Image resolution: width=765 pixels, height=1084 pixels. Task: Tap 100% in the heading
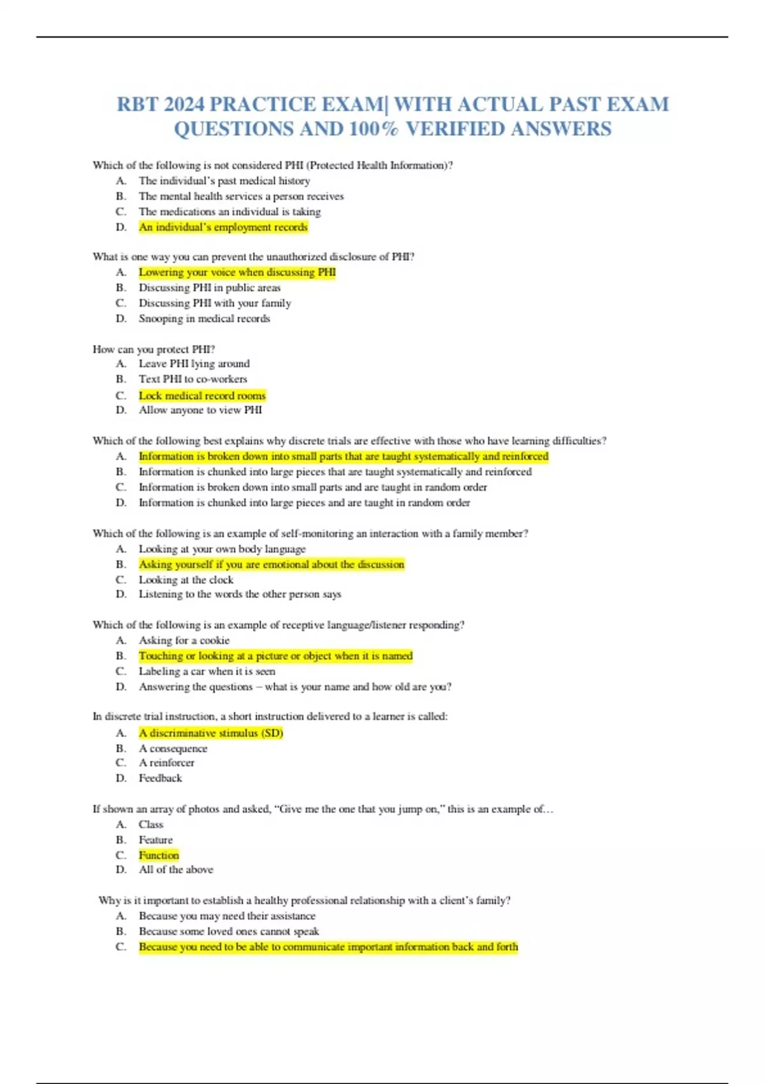pyautogui.click(x=374, y=129)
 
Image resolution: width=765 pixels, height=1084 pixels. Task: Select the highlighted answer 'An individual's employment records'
pyautogui.click(x=223, y=227)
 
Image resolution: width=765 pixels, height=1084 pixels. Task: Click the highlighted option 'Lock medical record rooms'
pyautogui.click(x=202, y=395)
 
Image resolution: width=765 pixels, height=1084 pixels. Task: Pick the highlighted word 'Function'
pyautogui.click(x=159, y=855)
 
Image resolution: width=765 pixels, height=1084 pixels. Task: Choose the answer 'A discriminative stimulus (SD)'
pyautogui.click(x=210, y=733)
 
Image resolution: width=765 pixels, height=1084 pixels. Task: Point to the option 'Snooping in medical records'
pyautogui.click(x=204, y=318)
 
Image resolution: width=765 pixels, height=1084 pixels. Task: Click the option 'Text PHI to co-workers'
pyautogui.click(x=193, y=379)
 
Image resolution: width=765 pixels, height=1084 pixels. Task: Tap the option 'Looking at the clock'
pyautogui.click(x=186, y=580)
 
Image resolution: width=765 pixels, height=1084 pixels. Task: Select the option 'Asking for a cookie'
pyautogui.click(x=184, y=640)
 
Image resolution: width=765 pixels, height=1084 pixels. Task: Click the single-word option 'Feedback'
pyautogui.click(x=160, y=778)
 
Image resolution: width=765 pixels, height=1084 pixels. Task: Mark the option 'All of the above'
pyautogui.click(x=176, y=870)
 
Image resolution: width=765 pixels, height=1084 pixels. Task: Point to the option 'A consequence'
pyautogui.click(x=173, y=749)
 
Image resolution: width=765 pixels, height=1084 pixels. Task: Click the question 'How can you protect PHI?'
pyautogui.click(x=154, y=349)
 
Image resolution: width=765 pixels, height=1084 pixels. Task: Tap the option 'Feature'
pyautogui.click(x=156, y=840)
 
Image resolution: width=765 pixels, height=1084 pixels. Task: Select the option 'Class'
pyautogui.click(x=150, y=824)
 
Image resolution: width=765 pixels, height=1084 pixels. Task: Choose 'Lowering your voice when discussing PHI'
pyautogui.click(x=237, y=272)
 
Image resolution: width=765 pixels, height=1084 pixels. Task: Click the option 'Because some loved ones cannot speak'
pyautogui.click(x=229, y=931)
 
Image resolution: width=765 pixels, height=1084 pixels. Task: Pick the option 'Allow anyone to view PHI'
pyautogui.click(x=200, y=410)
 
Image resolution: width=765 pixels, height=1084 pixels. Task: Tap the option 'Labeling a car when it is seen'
pyautogui.click(x=207, y=671)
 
